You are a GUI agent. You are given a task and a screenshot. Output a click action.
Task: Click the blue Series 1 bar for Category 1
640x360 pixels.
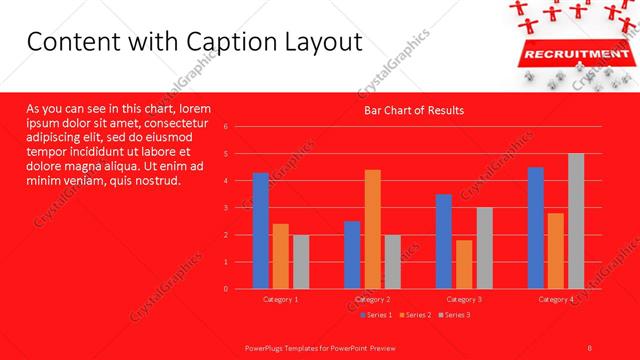click(261, 230)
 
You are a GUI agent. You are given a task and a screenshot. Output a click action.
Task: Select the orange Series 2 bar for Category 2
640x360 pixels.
click(372, 229)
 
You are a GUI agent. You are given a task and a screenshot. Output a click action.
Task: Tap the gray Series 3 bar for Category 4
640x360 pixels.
click(576, 221)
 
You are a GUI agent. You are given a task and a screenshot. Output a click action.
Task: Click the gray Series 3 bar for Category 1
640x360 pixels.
click(301, 261)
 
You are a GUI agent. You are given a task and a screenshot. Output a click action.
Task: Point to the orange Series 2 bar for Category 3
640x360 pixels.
click(464, 264)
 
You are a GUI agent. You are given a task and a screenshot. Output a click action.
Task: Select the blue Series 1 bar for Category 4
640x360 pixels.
click(536, 227)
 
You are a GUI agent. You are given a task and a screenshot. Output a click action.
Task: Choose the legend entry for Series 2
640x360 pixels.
click(416, 315)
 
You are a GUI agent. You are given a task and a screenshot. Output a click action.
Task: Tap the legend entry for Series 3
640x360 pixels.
click(455, 315)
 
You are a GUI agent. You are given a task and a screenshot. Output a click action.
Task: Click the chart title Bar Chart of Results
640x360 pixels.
click(413, 110)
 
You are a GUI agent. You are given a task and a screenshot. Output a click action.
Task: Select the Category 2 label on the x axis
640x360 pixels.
click(372, 299)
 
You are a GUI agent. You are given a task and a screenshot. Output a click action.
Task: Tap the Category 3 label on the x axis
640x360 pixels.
click(464, 299)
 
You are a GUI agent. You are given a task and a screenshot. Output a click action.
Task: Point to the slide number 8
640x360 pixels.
click(590, 347)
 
